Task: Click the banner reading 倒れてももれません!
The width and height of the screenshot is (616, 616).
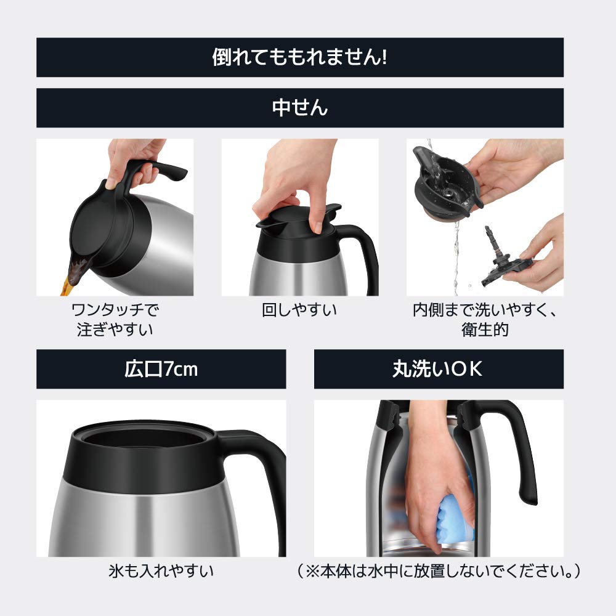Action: [299, 57]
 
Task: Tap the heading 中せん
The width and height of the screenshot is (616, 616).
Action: [299, 108]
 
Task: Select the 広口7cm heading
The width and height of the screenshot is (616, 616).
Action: [161, 369]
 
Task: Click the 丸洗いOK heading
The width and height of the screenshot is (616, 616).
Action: [438, 369]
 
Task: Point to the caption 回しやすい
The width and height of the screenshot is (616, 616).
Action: [299, 310]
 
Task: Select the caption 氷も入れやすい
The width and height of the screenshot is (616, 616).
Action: [161, 572]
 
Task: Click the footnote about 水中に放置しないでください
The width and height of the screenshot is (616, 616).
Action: [438, 572]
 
